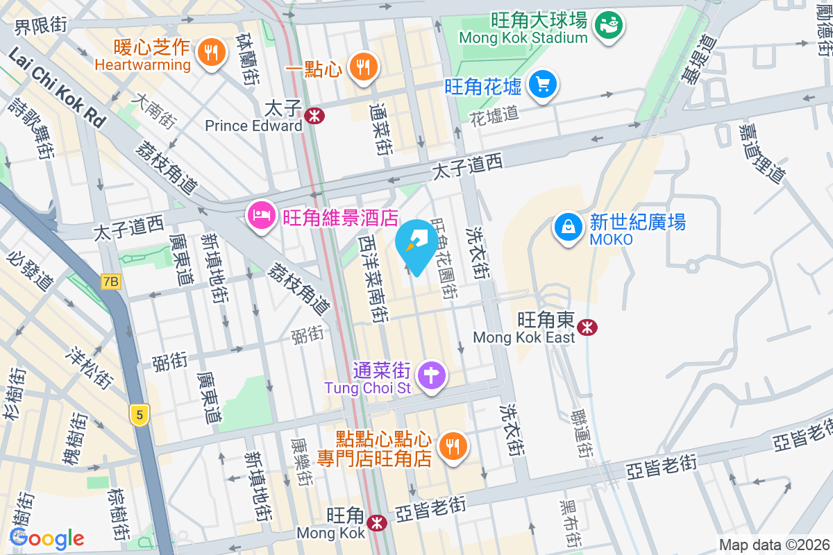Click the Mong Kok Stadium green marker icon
pos(611,25)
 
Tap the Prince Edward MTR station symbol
pos(315,116)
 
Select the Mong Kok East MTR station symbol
pos(589,326)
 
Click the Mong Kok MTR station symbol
pos(378,522)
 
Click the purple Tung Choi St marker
pos(432,375)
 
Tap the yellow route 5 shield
pos(140,416)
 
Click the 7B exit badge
pos(110,282)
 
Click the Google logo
pos(47,538)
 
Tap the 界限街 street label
pos(41,25)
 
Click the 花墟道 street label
pos(494,114)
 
